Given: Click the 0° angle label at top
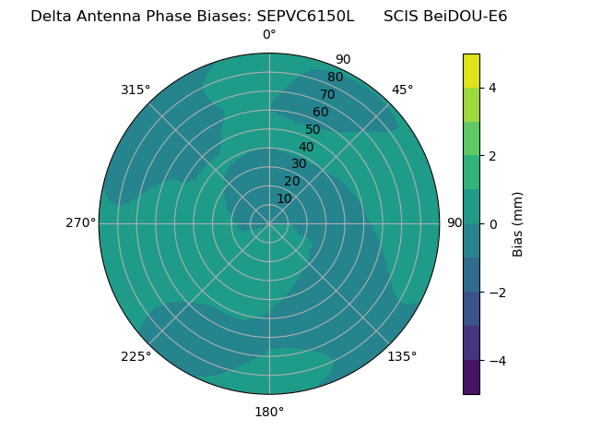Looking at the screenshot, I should tap(269, 35).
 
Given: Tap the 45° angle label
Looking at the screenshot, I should tap(403, 90).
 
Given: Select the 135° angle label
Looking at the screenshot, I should tap(402, 356).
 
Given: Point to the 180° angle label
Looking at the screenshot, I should tap(269, 412).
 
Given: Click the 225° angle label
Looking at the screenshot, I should tap(136, 356).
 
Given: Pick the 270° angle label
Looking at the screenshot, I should tap(80, 222).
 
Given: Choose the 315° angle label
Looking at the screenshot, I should tap(136, 90).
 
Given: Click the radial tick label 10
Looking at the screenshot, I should tap(284, 198).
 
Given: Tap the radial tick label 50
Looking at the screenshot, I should tap(313, 129).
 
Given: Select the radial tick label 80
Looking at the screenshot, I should tap(335, 78).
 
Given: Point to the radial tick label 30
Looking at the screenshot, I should tap(299, 164).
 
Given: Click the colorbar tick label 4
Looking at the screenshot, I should tap(492, 88).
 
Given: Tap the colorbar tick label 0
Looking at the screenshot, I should tap(492, 224).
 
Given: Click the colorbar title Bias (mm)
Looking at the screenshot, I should tap(518, 224).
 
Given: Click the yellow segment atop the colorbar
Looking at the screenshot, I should tap(471, 70).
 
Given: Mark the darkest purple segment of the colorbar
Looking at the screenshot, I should tap(471, 377).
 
